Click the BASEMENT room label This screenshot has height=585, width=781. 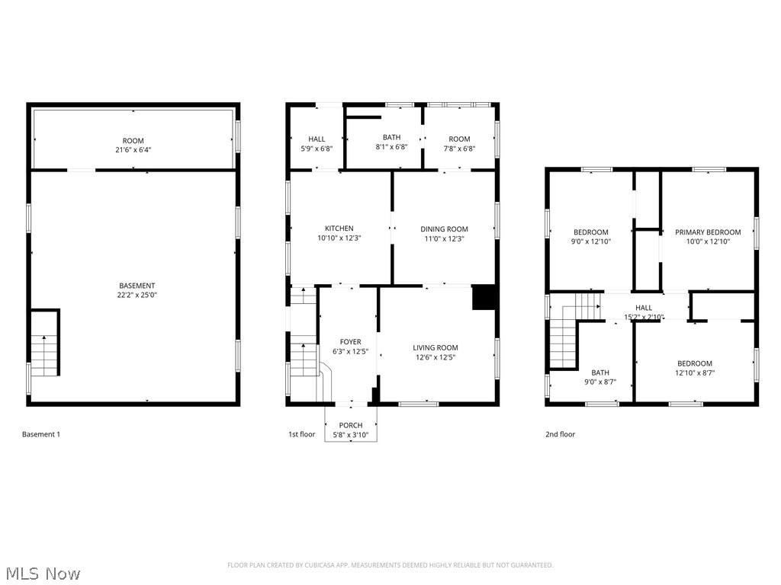coord(137,286)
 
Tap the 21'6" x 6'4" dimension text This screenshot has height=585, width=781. coord(133,150)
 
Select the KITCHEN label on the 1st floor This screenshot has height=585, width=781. coord(339,229)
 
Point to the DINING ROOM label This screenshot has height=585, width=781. coord(444,229)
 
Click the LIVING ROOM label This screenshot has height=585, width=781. coord(435,347)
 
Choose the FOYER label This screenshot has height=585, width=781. coord(350,342)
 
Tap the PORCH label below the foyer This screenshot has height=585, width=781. coord(351,425)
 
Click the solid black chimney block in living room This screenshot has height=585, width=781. coord(484,298)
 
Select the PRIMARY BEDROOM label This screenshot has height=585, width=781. coord(708,232)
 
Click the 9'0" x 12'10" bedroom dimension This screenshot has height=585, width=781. coord(591,241)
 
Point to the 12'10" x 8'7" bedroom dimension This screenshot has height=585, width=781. coord(694,373)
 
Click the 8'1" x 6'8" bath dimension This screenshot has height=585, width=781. coord(391,148)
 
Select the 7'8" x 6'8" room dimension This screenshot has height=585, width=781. coord(459,149)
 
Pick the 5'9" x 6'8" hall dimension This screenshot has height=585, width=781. coord(317,149)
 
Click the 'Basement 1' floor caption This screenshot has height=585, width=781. coord(40,434)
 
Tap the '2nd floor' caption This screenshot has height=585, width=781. coord(560,434)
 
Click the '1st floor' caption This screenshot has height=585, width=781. coord(301,434)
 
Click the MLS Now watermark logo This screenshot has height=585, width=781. coord(42,573)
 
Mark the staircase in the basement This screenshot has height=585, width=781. coord(45,354)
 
